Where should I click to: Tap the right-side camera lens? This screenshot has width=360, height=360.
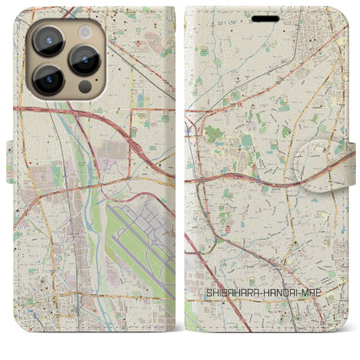tap(84, 61)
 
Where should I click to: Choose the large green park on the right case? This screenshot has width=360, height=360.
tap(213, 134)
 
